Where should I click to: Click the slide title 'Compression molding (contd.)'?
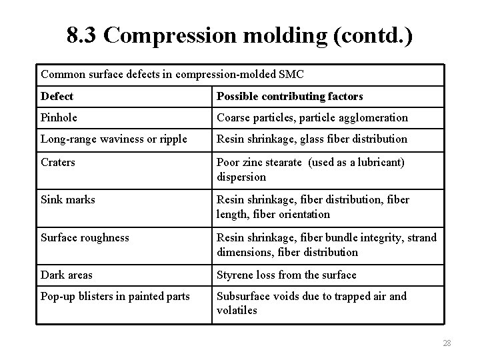tap(257, 36)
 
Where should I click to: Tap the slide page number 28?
tap(447, 343)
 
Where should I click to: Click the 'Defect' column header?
tap(57, 97)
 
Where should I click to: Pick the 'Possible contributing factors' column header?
tap(290, 97)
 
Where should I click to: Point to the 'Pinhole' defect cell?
tap(60, 117)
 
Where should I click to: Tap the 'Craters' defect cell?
tap(59, 162)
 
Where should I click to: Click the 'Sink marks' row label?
tap(68, 199)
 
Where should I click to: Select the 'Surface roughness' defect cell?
tap(85, 237)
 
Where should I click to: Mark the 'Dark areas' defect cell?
tap(67, 275)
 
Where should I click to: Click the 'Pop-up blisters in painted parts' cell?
tap(115, 296)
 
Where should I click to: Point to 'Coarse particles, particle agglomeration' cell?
tap(312, 117)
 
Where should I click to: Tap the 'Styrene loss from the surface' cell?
tap(287, 275)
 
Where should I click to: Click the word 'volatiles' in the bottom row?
tap(237, 311)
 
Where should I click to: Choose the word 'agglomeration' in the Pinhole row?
tap(375, 117)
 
